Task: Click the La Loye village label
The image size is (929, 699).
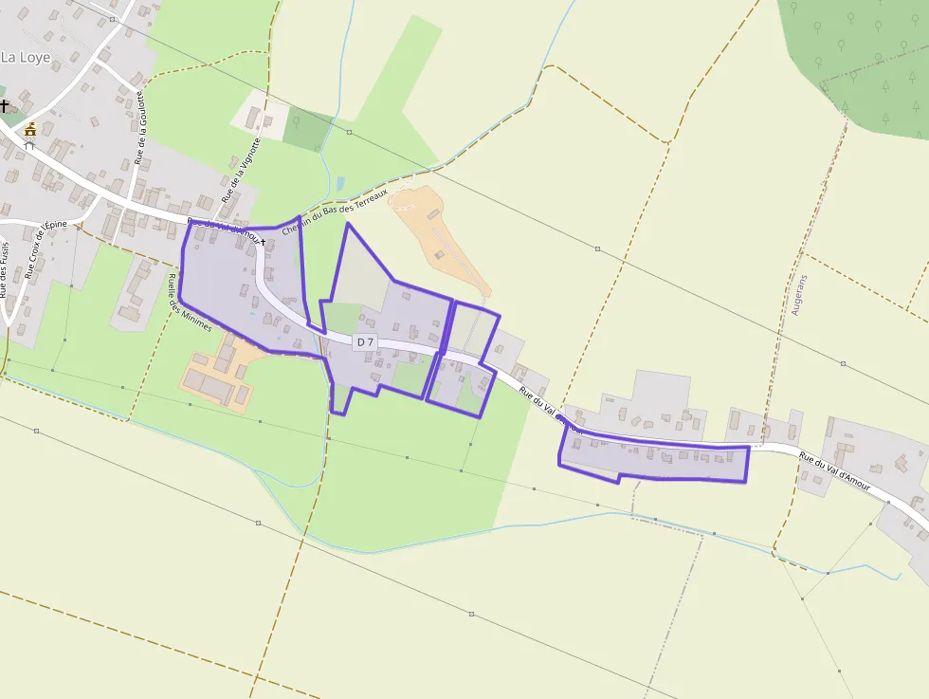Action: pos(26,57)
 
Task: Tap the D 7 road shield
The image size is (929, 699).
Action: pos(366,341)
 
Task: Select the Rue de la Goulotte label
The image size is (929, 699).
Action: pos(140,128)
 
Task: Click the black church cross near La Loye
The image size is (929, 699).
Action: pos(5,106)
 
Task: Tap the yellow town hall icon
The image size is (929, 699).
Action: pos(30,130)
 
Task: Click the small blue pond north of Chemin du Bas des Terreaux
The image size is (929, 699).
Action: pos(340,183)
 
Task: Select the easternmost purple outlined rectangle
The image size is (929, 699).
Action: pos(654,459)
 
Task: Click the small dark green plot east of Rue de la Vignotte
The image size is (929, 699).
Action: pos(307,130)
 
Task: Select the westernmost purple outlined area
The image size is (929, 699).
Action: pos(242,289)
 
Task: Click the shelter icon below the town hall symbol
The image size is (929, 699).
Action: pos(29,147)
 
